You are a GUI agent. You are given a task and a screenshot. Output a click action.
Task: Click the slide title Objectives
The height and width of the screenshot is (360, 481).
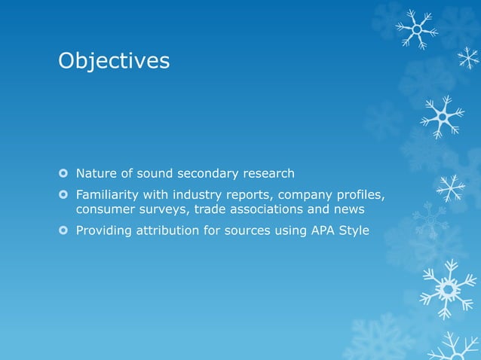(114, 61)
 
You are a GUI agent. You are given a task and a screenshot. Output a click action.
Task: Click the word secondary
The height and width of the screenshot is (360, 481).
(207, 174)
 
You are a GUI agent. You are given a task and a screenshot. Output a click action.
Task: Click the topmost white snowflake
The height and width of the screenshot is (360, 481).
(416, 29)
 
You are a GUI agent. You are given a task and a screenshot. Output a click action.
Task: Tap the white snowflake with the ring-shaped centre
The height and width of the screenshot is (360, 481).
(448, 288)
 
